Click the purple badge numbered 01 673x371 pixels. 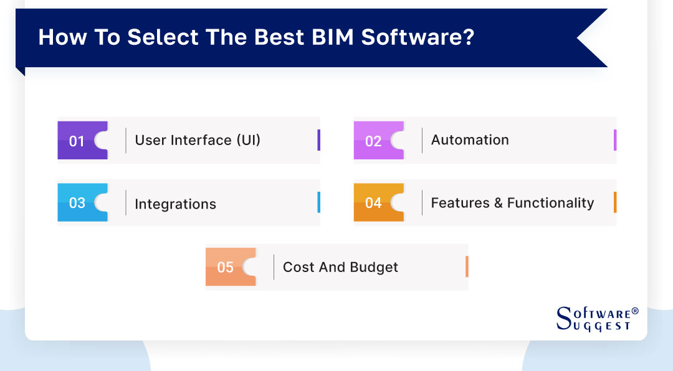pos(78,141)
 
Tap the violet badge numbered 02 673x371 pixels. pos(374,141)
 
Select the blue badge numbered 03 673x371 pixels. pos(78,203)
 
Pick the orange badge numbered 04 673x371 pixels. pos(374,203)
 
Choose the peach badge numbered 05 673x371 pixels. pos(226,267)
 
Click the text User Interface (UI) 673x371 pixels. pos(198,140)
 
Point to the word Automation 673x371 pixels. pos(470,140)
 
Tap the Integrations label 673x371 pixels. pos(175,204)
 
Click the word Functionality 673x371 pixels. pos(550,203)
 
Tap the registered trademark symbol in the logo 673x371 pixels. pos(635,311)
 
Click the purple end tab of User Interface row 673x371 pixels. pos(318,140)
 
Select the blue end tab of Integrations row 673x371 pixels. pos(318,202)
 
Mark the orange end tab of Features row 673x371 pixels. pos(614,202)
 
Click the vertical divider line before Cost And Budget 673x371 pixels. pos(274,267)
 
